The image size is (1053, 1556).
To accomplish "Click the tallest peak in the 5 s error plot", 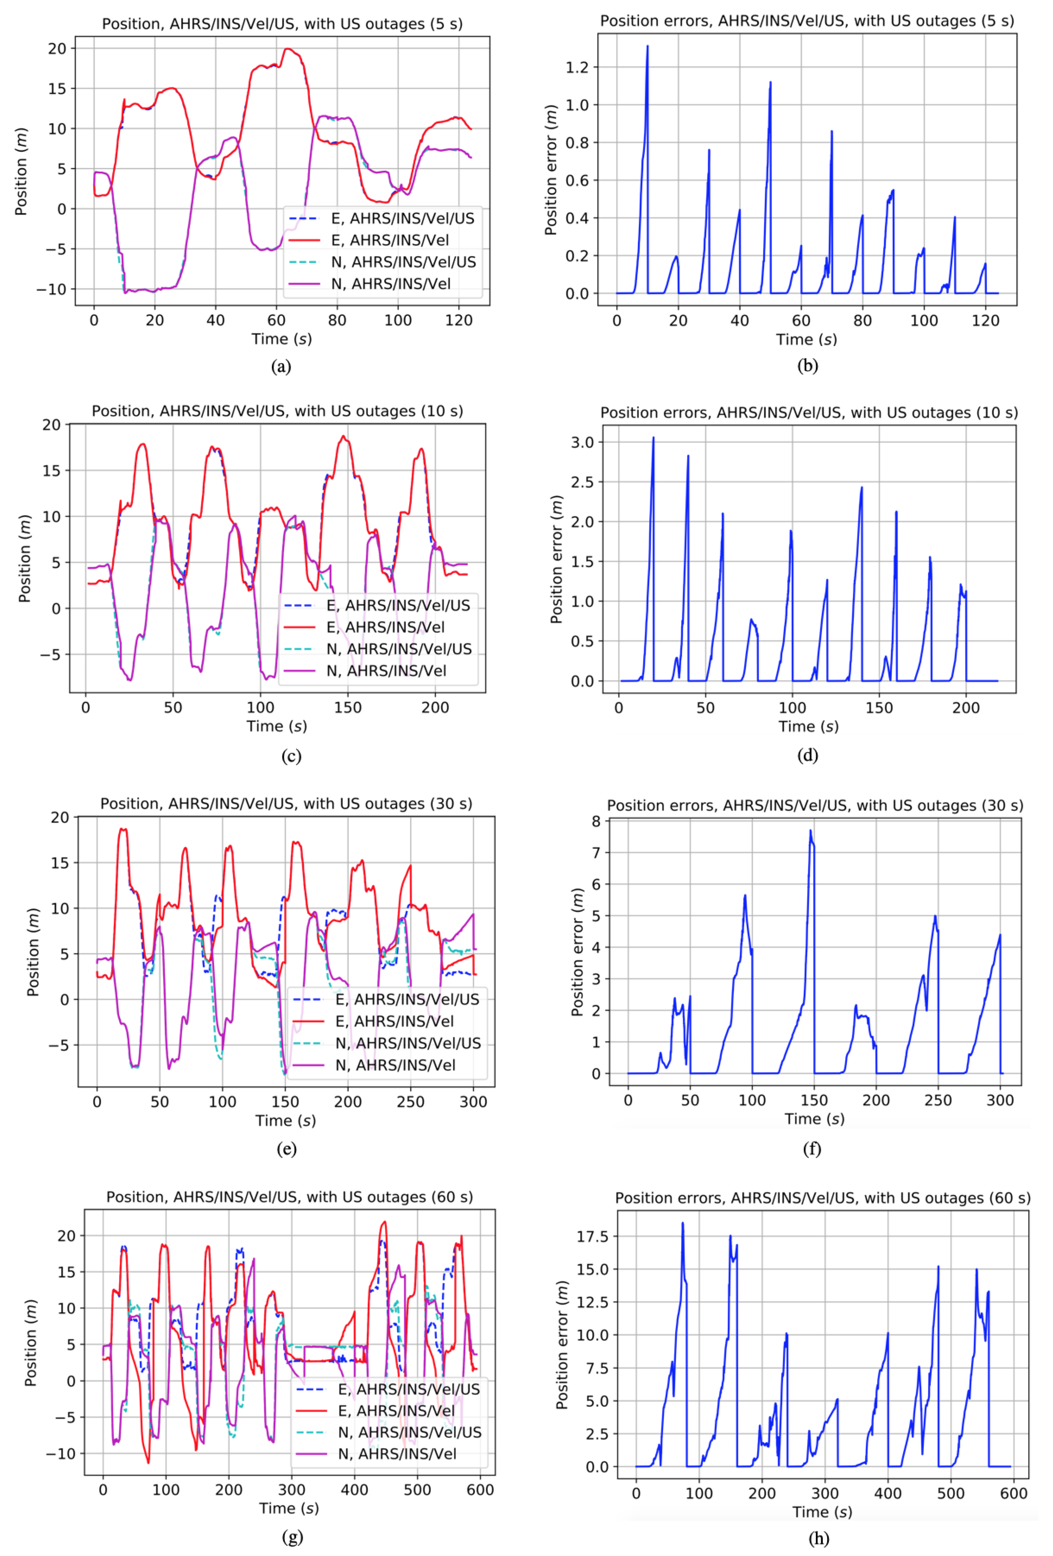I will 647,47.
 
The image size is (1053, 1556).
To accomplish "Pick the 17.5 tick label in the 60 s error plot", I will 592,1237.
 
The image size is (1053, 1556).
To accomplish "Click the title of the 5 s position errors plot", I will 807,21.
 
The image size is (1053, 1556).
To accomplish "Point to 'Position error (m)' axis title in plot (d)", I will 556,560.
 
